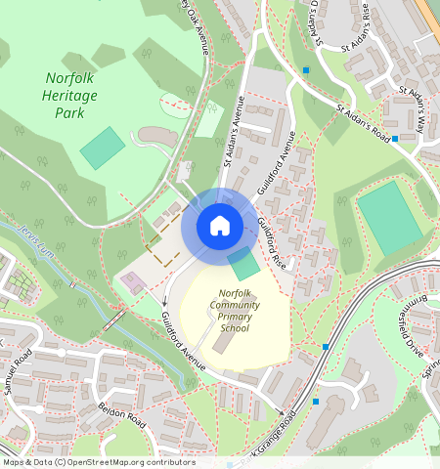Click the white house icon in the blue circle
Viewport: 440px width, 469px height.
(x=220, y=227)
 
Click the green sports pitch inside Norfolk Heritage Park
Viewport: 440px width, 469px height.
(x=102, y=148)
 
